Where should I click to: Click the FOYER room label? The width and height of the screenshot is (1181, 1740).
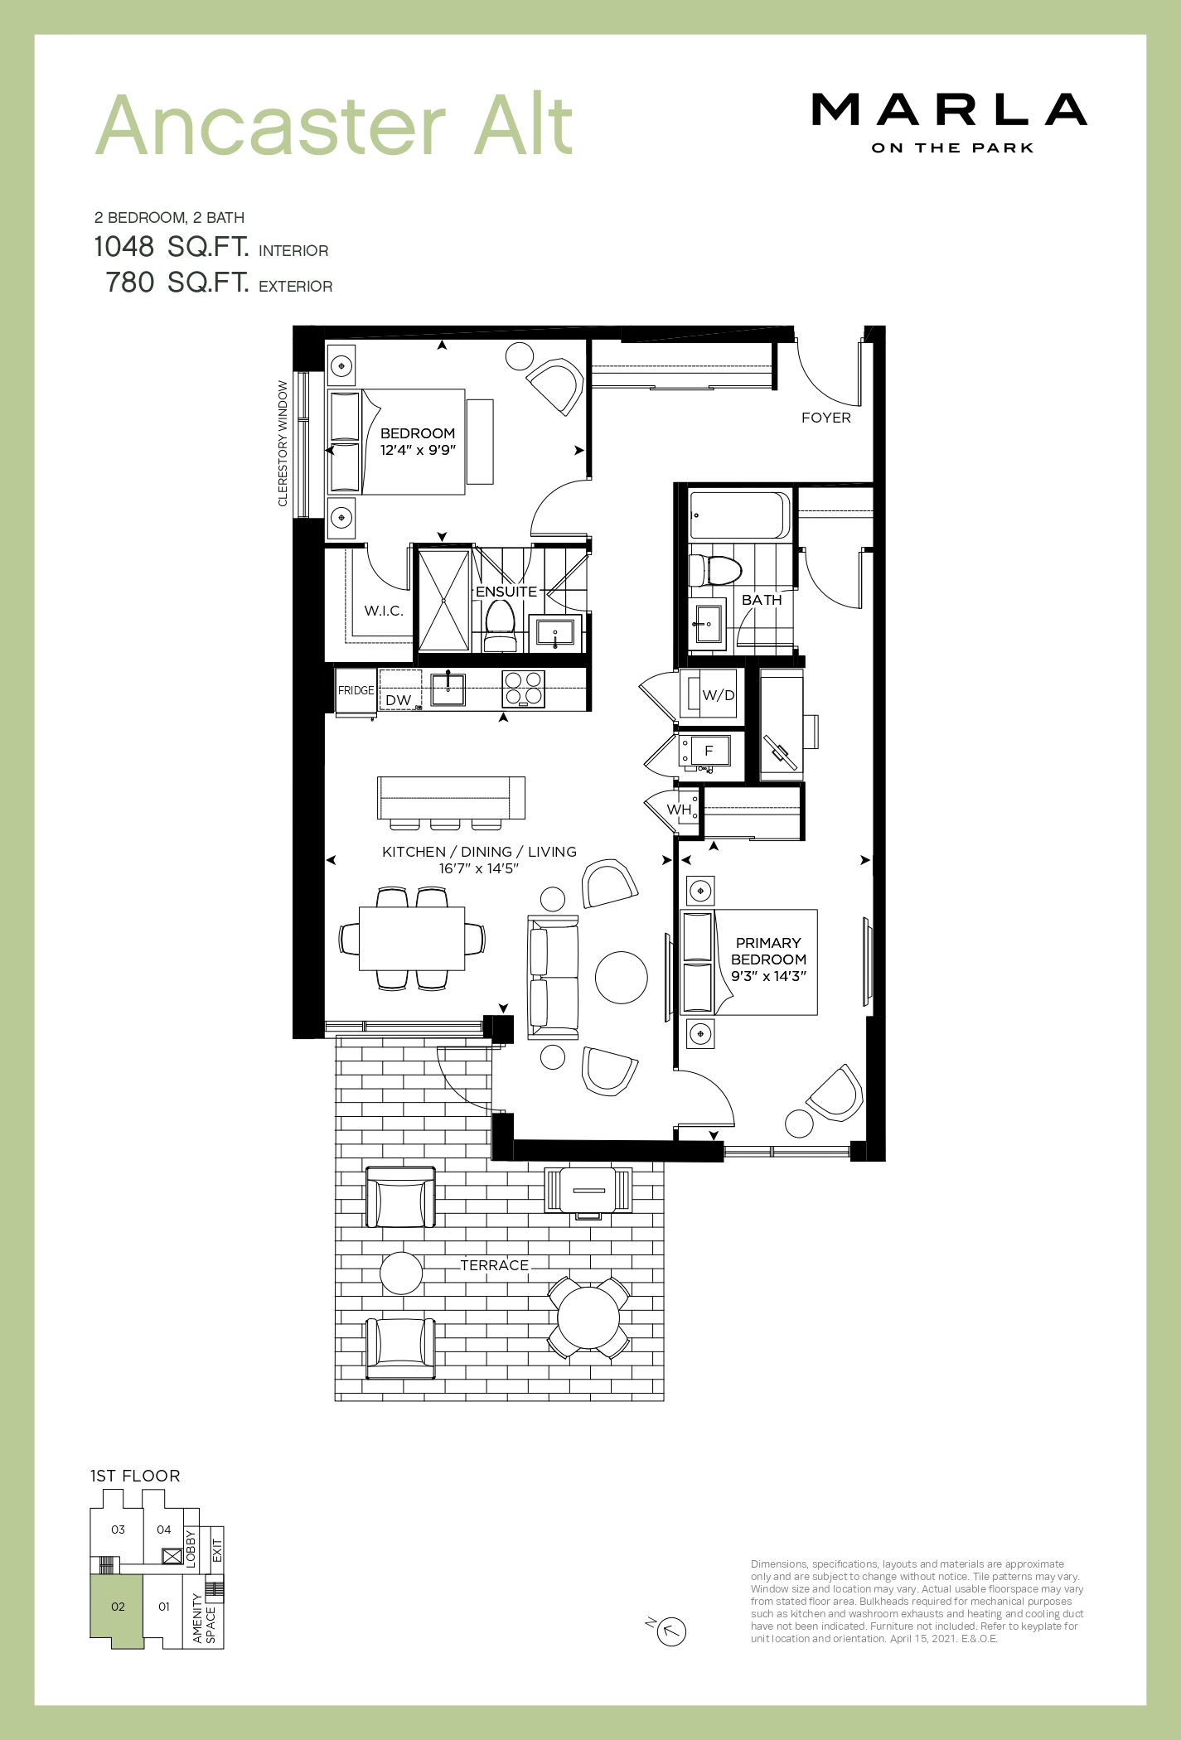pos(825,418)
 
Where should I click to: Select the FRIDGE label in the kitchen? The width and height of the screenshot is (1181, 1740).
pos(356,690)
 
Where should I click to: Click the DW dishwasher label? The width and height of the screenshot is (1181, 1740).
pos(399,700)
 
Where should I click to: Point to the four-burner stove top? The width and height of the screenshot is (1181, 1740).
pos(524,689)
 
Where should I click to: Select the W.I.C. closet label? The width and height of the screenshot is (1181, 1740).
pos(384,611)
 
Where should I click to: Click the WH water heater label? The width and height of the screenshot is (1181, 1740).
pos(679,810)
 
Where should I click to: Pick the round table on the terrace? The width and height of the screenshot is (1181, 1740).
pos(588,1317)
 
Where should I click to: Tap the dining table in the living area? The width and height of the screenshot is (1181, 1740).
pos(412,938)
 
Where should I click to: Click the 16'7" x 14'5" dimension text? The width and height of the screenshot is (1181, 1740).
pos(479,868)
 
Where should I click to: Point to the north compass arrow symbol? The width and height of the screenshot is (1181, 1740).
pos(671,1631)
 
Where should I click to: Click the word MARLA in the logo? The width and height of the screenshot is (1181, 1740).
pos(949,110)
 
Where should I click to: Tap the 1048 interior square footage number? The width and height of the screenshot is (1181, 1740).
pos(124,246)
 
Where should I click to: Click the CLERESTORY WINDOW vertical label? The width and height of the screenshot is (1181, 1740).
pos(283,442)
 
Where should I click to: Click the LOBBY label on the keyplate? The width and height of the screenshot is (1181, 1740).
pos(190,1548)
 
